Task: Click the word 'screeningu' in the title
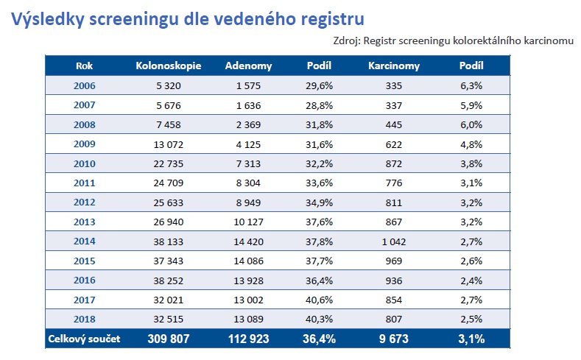pos(134,19)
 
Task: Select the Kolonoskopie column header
pos(169,66)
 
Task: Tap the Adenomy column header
pos(249,66)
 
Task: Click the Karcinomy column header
pos(394,66)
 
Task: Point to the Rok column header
pos(84,66)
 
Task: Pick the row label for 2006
pos(85,86)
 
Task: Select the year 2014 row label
pos(85,241)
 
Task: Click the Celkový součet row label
pos(84,339)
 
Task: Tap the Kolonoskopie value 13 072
pos(169,144)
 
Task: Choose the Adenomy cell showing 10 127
pos(249,222)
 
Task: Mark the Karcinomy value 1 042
pos(394,242)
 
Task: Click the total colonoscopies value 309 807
pos(169,339)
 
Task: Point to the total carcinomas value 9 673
pos(394,339)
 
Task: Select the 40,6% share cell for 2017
pos(320,300)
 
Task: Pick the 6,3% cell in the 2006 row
pos(472,86)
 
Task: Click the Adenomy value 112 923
pos(249,339)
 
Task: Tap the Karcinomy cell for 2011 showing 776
pos(394,183)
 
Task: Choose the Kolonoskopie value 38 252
pos(169,280)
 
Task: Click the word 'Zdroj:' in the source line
pos(347,40)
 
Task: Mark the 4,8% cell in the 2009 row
pos(472,144)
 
